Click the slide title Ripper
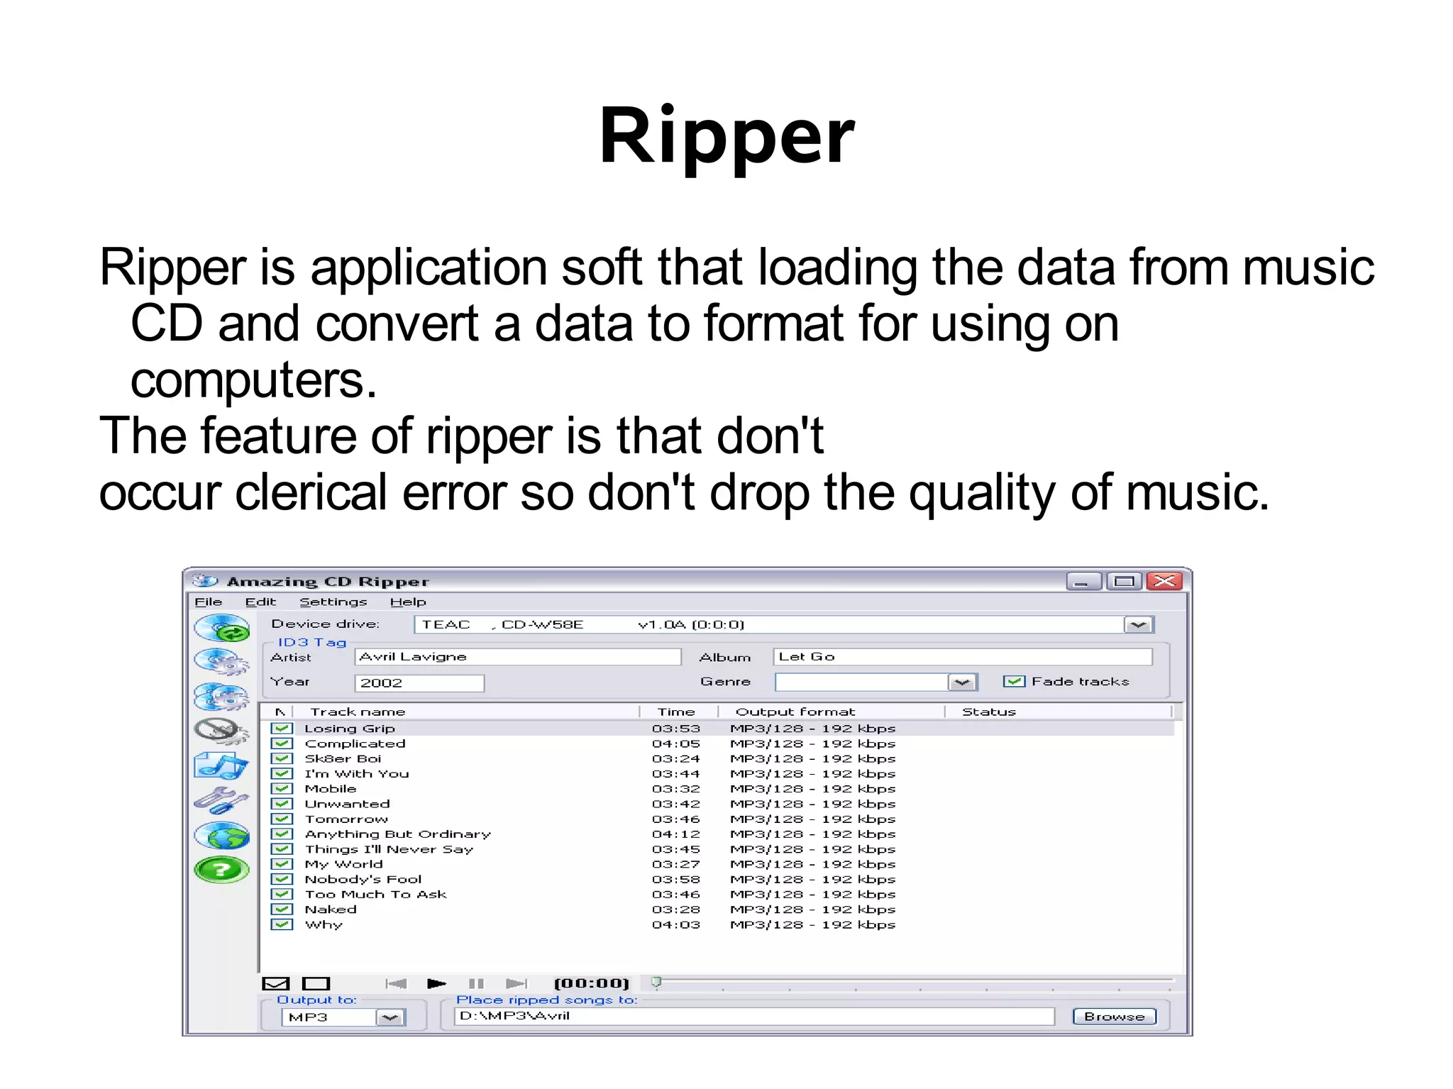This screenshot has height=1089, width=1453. coord(726,136)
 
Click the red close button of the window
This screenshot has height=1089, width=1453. coord(1164,582)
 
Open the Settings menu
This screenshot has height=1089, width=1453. coord(333,602)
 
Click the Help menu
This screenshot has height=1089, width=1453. coord(408,602)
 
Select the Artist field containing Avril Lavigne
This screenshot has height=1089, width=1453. coord(516,657)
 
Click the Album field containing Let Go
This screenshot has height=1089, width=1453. coord(961,657)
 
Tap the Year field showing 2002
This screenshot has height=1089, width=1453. coord(419,683)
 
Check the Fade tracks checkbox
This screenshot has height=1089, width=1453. coord(1014,682)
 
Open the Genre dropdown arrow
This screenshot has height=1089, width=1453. coord(962,682)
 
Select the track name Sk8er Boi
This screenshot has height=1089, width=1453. coord(343,759)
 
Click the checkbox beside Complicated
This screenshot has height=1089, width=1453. coord(282,743)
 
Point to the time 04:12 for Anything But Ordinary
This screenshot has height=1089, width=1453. coord(675,834)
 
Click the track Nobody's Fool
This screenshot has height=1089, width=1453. coord(363,880)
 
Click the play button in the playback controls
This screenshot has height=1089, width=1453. coord(436,983)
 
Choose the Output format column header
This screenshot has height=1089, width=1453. coord(795,712)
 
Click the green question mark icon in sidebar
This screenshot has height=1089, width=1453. coord(221,870)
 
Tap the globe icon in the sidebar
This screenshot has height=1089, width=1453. coord(221,836)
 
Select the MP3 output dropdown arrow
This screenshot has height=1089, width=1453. coord(390,1018)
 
